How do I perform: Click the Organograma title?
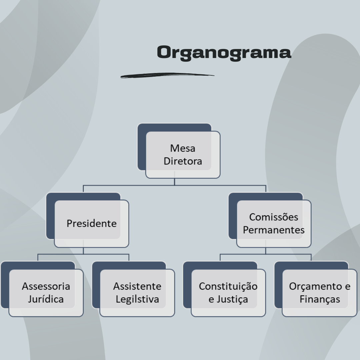pos(224,53)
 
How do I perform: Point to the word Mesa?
pos(183,148)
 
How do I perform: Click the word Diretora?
pos(183,161)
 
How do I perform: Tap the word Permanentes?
pos(274,230)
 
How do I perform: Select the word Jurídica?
pos(46,299)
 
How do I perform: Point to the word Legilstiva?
pos(137,299)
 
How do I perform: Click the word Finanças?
pos(319,299)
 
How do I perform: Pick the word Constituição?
pos(228,286)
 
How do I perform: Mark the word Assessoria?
pos(46,286)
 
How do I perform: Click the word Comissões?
pos(274,217)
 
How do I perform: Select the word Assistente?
pos(137,286)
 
